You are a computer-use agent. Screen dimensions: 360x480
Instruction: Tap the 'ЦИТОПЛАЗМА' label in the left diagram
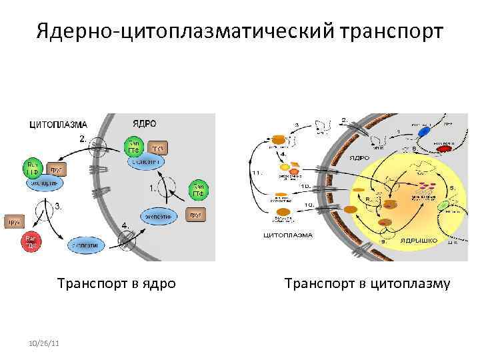tap(59, 124)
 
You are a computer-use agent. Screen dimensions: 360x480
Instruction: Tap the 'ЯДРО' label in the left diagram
tap(144, 124)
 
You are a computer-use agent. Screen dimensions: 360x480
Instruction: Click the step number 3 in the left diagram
tap(57, 206)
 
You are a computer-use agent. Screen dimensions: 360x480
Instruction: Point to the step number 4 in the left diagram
tap(125, 225)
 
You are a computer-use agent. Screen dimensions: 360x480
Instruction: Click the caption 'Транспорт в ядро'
tap(117, 283)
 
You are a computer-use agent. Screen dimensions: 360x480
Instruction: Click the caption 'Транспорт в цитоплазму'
tap(367, 283)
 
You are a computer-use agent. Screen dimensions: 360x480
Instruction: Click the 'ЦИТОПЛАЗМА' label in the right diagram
tap(289, 235)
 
